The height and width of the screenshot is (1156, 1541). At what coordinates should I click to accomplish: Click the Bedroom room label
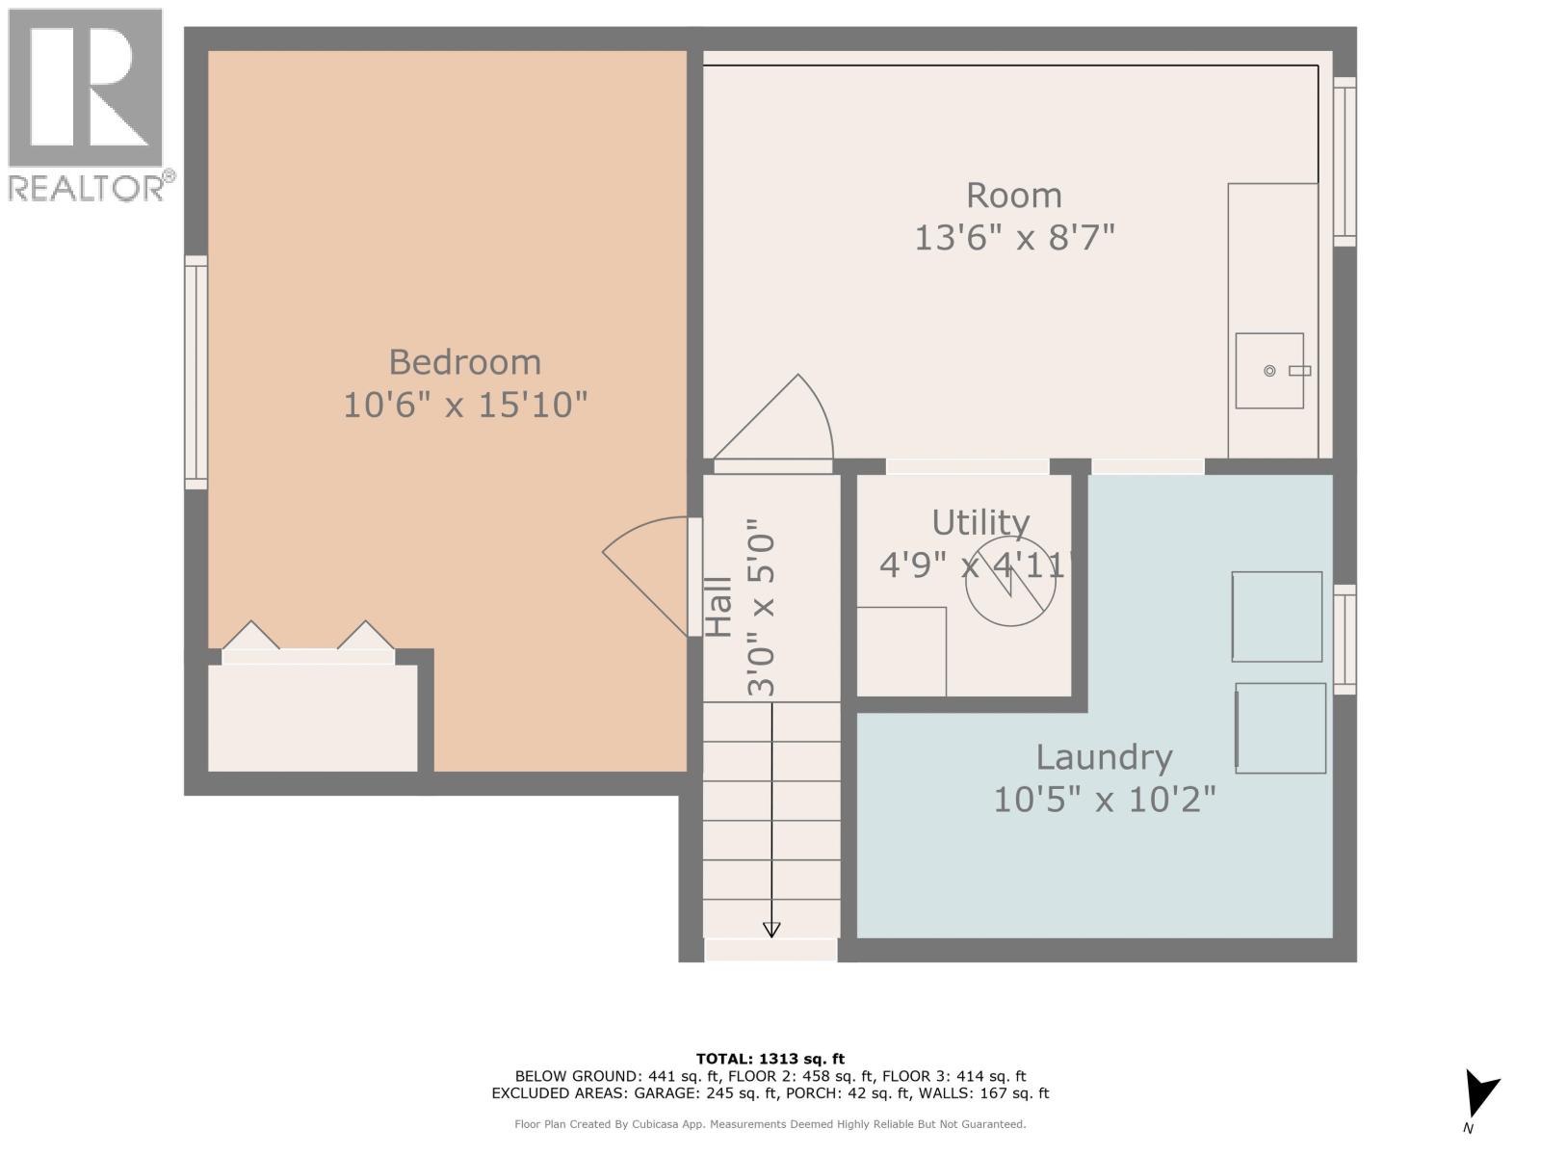pos(464,362)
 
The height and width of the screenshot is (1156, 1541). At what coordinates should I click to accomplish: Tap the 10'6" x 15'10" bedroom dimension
pos(464,405)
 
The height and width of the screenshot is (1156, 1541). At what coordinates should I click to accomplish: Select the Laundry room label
pos(1104,757)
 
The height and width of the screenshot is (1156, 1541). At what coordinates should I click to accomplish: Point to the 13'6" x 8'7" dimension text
pos(1013,237)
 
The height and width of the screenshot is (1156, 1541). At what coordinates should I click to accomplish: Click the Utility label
pos(980,522)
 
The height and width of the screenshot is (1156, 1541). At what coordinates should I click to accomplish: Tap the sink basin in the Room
pos(1269,371)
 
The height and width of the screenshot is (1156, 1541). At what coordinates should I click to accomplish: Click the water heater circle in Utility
pos(1010,581)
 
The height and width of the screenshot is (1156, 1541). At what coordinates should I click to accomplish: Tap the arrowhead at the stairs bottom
pos(771,929)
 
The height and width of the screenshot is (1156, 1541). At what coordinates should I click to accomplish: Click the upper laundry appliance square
pos(1277,617)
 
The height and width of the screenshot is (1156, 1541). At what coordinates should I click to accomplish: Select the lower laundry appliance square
pos(1281,728)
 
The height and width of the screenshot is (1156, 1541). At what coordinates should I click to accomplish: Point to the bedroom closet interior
pos(313,718)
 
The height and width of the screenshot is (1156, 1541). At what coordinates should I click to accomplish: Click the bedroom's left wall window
pos(196,372)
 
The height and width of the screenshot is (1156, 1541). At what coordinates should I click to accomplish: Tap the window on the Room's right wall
pos(1345,162)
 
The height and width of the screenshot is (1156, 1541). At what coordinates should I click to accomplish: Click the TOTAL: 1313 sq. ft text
pos(770,1059)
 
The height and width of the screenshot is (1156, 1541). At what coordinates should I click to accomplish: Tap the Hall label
pos(718,607)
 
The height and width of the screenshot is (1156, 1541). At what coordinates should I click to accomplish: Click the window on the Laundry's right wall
pos(1345,639)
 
